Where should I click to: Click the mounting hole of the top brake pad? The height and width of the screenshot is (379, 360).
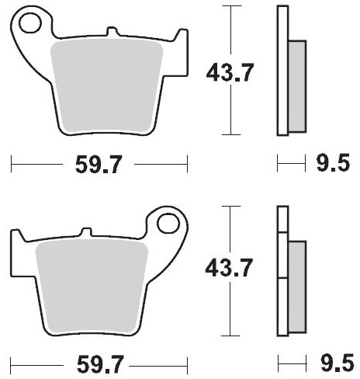pyautogui.click(x=30, y=23)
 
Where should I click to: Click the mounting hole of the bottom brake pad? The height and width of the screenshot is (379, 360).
pyautogui.click(x=168, y=224)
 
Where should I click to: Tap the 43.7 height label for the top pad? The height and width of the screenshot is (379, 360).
pyautogui.click(x=230, y=73)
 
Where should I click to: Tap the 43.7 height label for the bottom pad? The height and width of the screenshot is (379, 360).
pyautogui.click(x=229, y=267)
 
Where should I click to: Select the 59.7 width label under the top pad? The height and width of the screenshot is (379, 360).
pyautogui.click(x=99, y=165)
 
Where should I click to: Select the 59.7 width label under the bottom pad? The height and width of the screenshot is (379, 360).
pyautogui.click(x=100, y=364)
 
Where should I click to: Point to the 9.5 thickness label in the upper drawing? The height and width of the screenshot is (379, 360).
pyautogui.click(x=334, y=163)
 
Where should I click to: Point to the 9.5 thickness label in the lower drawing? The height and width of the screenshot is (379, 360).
pyautogui.click(x=337, y=363)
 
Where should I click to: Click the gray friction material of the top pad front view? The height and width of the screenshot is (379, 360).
pyautogui.click(x=106, y=86)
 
